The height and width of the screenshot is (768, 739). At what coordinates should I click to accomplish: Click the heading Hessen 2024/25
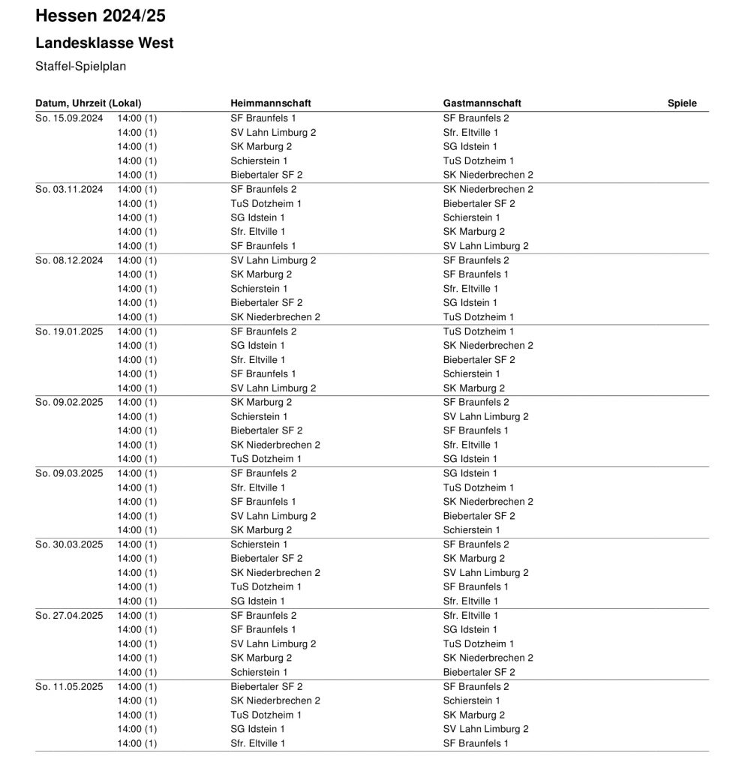click(101, 16)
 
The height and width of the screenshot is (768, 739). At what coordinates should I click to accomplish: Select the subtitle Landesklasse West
click(104, 43)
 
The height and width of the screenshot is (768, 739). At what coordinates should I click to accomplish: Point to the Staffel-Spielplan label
click(80, 67)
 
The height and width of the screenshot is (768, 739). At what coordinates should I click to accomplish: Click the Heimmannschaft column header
click(270, 103)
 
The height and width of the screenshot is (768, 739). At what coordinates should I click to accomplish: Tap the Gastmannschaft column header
click(482, 103)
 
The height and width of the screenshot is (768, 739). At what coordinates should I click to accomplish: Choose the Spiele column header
click(682, 103)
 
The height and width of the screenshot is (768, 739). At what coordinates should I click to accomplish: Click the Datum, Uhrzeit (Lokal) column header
click(89, 103)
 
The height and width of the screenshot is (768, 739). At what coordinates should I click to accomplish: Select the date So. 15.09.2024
click(69, 118)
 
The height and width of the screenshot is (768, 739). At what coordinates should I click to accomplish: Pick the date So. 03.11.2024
click(69, 190)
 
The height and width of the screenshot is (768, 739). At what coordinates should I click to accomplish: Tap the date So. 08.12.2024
click(69, 260)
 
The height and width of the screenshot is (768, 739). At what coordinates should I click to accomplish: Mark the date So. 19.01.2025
click(69, 331)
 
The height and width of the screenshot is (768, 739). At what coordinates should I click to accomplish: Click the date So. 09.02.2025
click(69, 403)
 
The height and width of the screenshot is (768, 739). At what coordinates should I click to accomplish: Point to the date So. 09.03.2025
click(69, 474)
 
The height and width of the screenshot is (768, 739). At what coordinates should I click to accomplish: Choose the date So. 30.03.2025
click(69, 544)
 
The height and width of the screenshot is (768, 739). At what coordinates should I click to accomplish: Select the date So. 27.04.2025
click(69, 616)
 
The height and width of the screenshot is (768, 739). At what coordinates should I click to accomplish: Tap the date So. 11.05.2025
click(69, 687)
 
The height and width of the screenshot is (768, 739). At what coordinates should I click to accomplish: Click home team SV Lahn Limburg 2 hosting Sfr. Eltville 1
click(273, 133)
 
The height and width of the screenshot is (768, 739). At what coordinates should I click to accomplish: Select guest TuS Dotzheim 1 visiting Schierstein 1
click(478, 161)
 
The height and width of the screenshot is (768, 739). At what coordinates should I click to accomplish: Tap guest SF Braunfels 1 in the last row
click(476, 744)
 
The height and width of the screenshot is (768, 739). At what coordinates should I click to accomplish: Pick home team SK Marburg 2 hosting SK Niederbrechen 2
click(261, 658)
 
